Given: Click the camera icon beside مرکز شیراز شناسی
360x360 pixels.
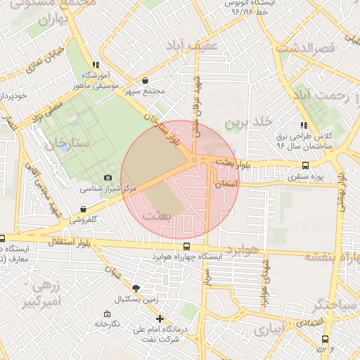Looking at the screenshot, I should click(108, 178).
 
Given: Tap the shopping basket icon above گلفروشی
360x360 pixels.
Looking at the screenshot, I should click(84, 209).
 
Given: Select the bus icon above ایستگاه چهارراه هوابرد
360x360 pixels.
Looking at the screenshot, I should click(186, 246).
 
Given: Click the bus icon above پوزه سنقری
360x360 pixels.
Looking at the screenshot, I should click(304, 166).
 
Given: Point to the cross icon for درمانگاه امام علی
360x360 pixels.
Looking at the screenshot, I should click(160, 319).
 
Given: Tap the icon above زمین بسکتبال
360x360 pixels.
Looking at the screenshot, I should click(136, 288).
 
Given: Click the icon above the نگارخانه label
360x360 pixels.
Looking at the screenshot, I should click(106, 314).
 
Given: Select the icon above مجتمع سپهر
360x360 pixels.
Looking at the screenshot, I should click(145, 81).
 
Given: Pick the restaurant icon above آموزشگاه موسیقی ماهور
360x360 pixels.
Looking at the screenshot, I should click(96, 65).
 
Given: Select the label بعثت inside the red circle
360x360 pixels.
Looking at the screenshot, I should click(157, 216).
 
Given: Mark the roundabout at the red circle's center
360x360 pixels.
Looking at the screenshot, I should click(194, 161).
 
